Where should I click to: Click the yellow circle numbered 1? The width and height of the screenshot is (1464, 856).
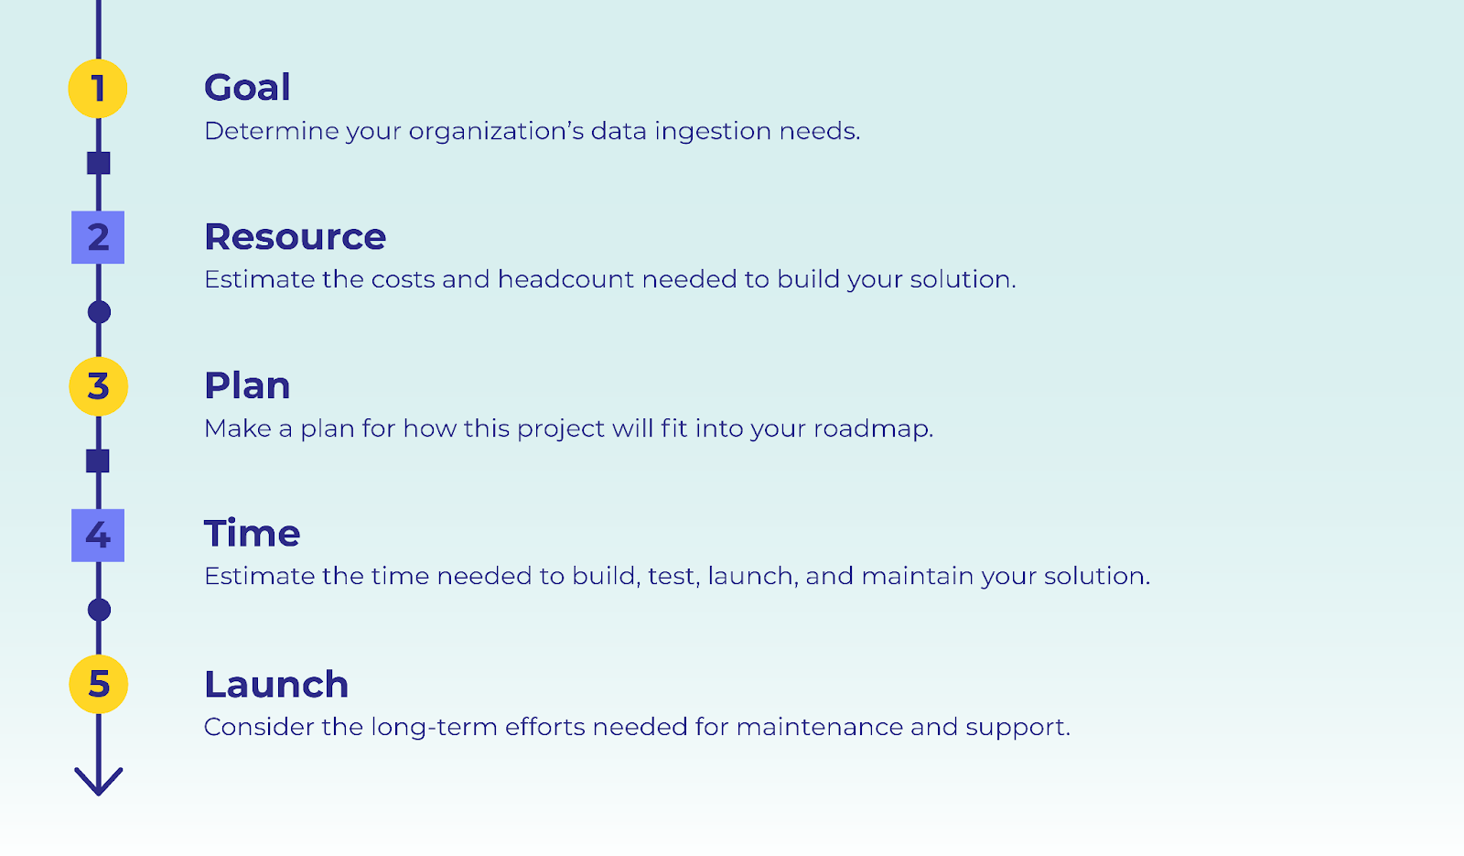click(98, 89)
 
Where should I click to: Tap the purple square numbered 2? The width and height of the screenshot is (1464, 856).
click(98, 237)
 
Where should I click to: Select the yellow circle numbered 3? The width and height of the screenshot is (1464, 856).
click(98, 386)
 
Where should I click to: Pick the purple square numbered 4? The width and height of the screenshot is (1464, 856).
click(98, 535)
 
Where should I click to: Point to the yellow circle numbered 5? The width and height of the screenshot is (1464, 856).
click(98, 684)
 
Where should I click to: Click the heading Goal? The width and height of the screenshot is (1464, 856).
click(247, 88)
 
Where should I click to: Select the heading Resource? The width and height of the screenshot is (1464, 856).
click(295, 237)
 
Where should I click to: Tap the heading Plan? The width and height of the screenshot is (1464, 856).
click(247, 386)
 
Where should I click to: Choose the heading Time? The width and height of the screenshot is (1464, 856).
click(252, 534)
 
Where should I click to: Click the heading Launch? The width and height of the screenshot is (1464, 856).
click(275, 685)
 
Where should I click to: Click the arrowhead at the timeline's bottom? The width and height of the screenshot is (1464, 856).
click(98, 782)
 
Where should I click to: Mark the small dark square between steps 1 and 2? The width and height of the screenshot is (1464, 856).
click(98, 163)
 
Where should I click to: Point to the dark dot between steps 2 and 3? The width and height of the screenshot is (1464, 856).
click(99, 312)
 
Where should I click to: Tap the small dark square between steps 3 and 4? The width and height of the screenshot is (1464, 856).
click(98, 461)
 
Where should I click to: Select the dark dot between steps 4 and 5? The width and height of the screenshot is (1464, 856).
click(99, 610)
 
